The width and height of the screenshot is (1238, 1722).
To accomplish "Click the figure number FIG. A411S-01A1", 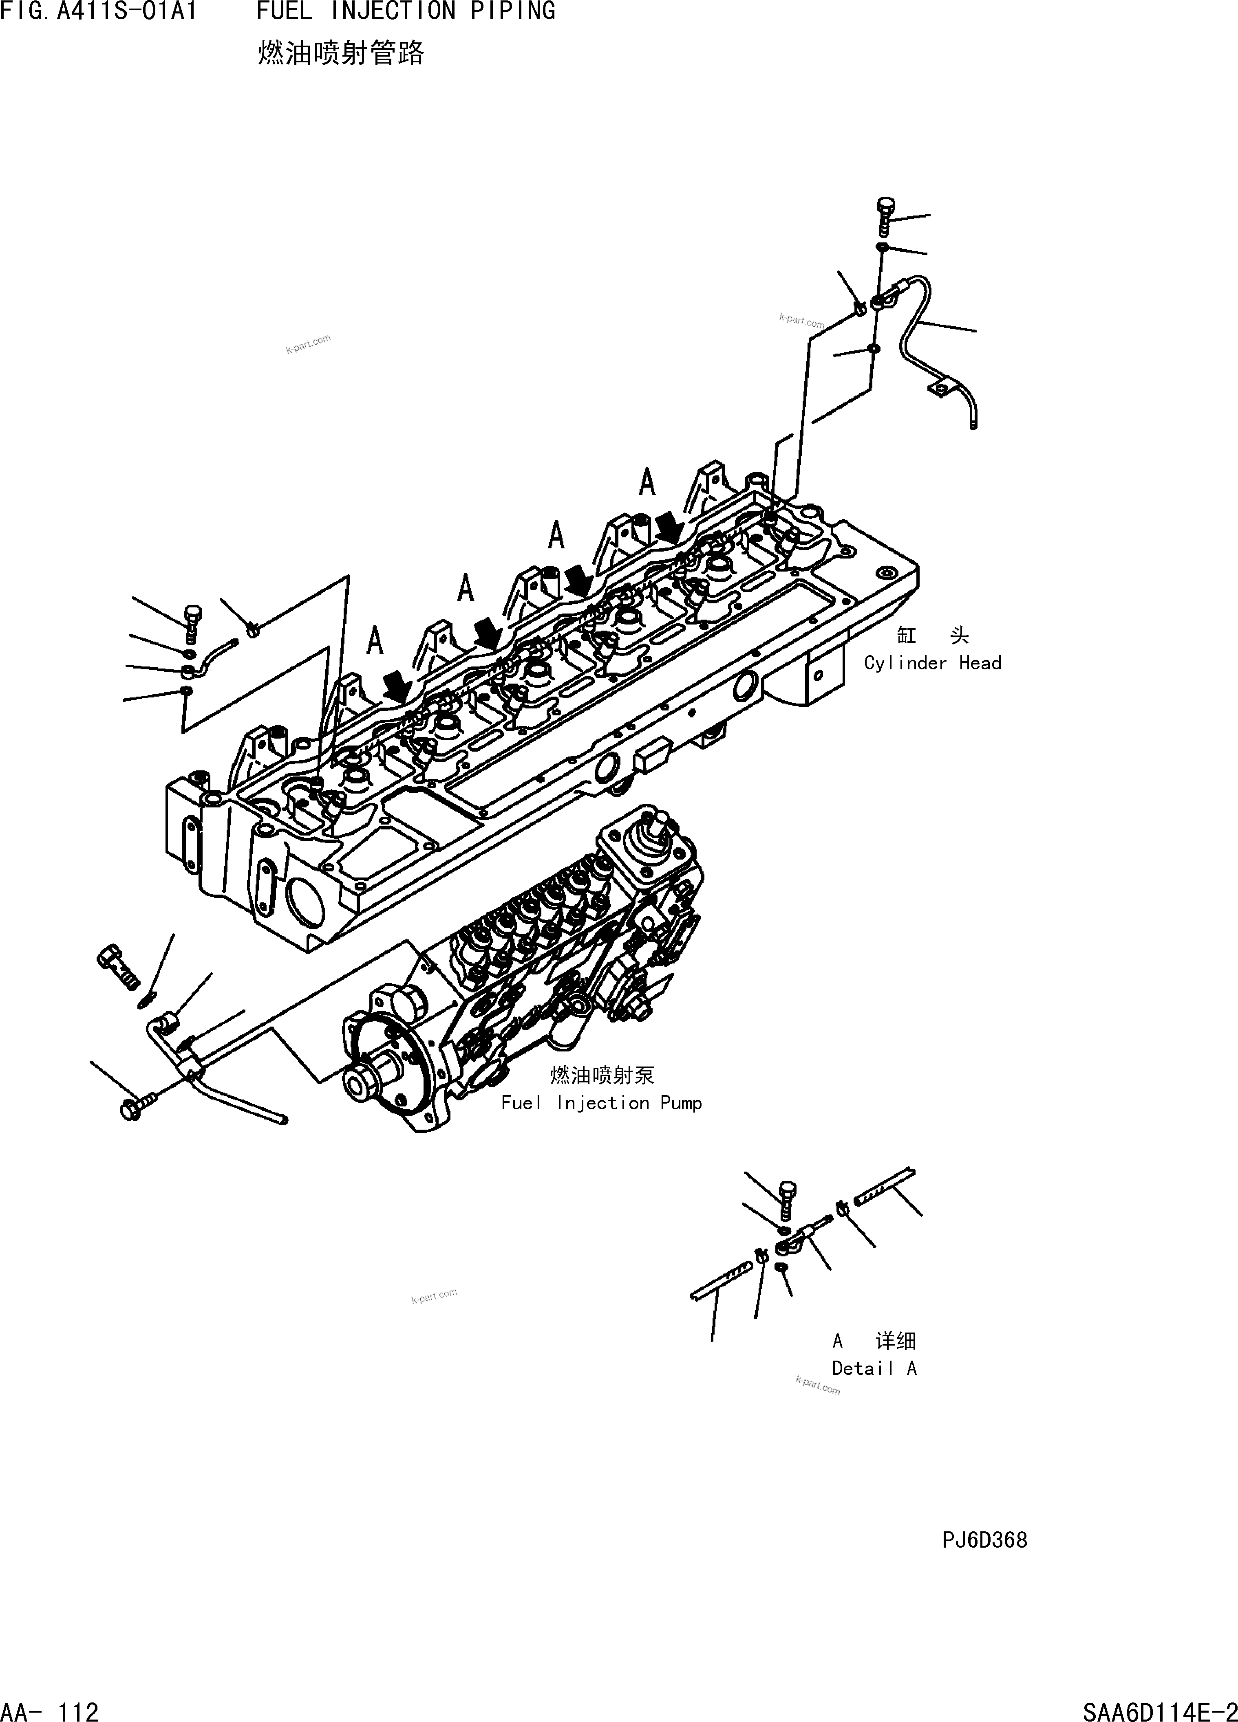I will tap(99, 11).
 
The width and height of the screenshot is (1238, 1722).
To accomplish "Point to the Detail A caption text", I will tap(874, 1368).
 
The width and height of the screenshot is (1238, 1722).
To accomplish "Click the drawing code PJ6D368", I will tap(984, 1540).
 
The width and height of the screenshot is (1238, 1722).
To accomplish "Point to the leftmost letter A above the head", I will tap(375, 642).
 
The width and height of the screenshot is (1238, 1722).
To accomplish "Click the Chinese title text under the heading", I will tap(341, 53).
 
